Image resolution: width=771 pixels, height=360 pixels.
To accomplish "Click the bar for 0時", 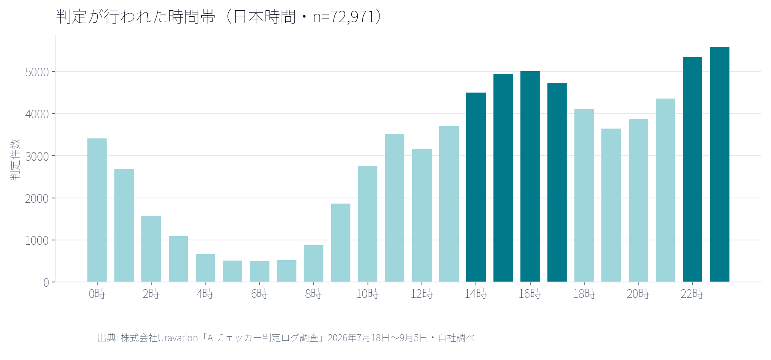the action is point(97,210).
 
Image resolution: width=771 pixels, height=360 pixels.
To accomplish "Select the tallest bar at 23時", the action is point(719,164).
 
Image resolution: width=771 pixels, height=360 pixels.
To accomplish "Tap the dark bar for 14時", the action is point(476,187).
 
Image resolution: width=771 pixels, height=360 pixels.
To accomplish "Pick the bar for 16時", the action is point(530,177).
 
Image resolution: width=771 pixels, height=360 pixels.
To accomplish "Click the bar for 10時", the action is point(368,224).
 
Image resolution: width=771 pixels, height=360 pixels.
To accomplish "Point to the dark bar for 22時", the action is point(692,169).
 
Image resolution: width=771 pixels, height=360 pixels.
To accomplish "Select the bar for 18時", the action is point(584,195).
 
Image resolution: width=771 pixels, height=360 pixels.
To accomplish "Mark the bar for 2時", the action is point(151,249).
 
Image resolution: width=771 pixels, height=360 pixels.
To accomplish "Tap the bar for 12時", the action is point(422,215).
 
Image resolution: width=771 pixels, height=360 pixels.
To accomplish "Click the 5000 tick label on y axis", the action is point(37,72).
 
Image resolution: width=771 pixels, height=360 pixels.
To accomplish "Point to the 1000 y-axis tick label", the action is point(37,240).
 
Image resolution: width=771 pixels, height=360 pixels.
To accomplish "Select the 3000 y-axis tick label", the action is point(37,156).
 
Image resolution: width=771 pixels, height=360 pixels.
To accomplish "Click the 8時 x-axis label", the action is point(314,294).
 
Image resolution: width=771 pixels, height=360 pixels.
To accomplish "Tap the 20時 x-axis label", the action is point(638,294).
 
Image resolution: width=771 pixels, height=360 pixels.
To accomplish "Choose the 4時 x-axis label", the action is point(205,294).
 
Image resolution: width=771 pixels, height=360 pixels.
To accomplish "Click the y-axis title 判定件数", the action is point(15,159).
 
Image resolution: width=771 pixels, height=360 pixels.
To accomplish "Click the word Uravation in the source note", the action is point(178,338).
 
